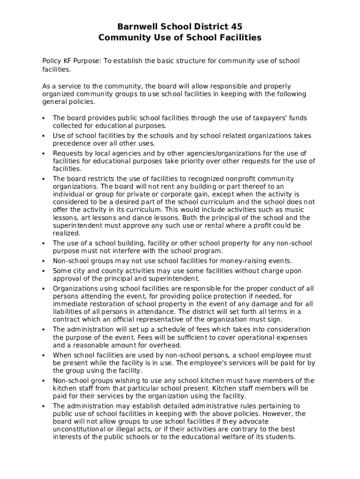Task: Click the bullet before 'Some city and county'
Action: click(x=43, y=271)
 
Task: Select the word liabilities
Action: click(x=69, y=312)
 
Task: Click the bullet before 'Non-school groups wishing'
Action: click(x=43, y=381)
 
